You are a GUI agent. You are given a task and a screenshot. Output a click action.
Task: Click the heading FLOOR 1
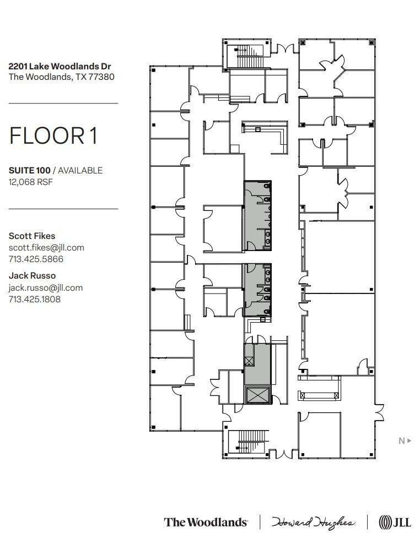[53, 136]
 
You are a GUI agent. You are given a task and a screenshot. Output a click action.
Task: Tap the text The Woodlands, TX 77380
[61, 77]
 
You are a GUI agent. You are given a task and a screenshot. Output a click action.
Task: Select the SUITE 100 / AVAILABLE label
[55, 170]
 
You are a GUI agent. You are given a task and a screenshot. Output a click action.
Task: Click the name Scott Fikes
[32, 236]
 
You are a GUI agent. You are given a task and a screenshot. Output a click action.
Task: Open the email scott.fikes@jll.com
[46, 247]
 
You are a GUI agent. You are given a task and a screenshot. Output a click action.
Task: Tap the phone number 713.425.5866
[36, 259]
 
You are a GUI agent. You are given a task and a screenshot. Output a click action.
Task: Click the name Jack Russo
[32, 275]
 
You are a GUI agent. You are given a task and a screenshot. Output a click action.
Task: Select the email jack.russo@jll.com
[45, 287]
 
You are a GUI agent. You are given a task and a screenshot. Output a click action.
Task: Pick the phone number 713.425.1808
[34, 300]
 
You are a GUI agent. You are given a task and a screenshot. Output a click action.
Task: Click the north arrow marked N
[405, 440]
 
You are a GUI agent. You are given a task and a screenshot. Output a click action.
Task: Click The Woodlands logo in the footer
[205, 522]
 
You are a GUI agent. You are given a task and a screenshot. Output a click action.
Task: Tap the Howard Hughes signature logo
[313, 522]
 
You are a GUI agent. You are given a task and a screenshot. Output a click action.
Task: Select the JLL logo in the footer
[395, 522]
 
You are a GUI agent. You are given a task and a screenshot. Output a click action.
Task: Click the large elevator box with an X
[257, 394]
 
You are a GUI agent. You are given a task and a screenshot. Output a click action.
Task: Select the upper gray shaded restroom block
[257, 215]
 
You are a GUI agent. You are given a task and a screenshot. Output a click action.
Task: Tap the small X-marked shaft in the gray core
[249, 361]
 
